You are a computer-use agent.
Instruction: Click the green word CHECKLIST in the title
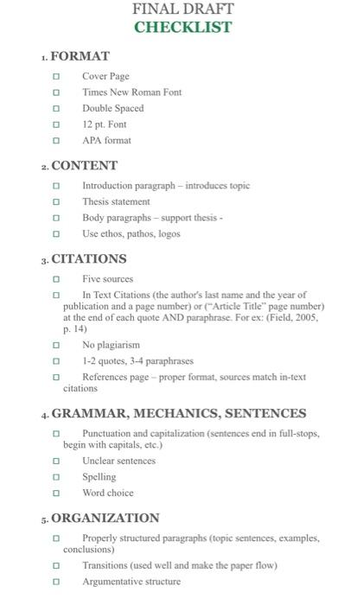pos(182,27)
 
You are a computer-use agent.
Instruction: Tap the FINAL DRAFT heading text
pos(182,9)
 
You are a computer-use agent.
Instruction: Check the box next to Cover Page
pos(57,77)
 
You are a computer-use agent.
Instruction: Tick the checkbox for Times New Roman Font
pos(57,92)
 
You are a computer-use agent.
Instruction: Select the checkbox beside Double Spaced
pos(57,109)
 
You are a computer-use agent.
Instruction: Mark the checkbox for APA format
pos(57,140)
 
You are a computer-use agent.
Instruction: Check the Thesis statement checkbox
pos(57,202)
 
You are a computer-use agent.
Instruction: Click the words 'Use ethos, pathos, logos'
pos(131,233)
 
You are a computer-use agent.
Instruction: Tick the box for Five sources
pos(57,280)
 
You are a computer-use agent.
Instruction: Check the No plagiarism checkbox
pos(57,345)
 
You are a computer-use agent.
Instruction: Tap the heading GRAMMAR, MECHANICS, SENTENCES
pos(179,413)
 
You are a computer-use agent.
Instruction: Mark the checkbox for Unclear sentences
pos(57,462)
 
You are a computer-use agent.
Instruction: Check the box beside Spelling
pos(57,477)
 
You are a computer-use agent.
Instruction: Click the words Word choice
pos(108,493)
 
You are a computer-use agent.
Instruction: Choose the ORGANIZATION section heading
pos(105,518)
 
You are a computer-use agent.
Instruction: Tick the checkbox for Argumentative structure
pos(57,582)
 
